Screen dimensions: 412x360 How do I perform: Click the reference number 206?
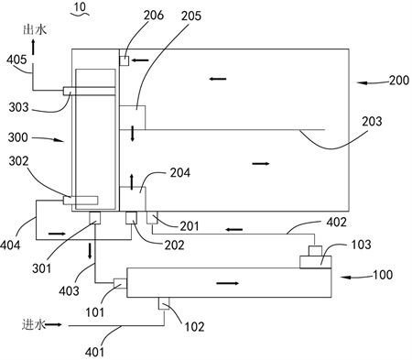pos(154,16)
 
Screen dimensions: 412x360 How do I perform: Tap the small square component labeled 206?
pos(124,60)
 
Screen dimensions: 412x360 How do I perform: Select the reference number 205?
pos(191,16)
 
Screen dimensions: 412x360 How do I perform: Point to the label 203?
pos(372,122)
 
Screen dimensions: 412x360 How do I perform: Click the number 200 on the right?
pos(399,81)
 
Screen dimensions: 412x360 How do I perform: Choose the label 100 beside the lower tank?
pos(383,275)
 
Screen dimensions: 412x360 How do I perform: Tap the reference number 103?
pos(361,245)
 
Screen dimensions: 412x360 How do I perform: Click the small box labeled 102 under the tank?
pos(164,303)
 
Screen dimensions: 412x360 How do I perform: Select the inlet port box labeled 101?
pos(120,283)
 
